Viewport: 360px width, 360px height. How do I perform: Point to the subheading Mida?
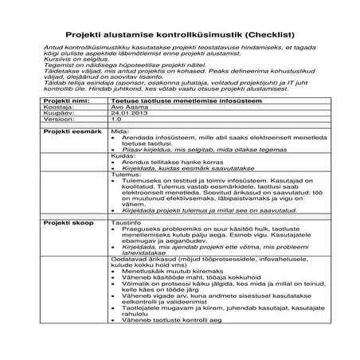click(119, 130)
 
